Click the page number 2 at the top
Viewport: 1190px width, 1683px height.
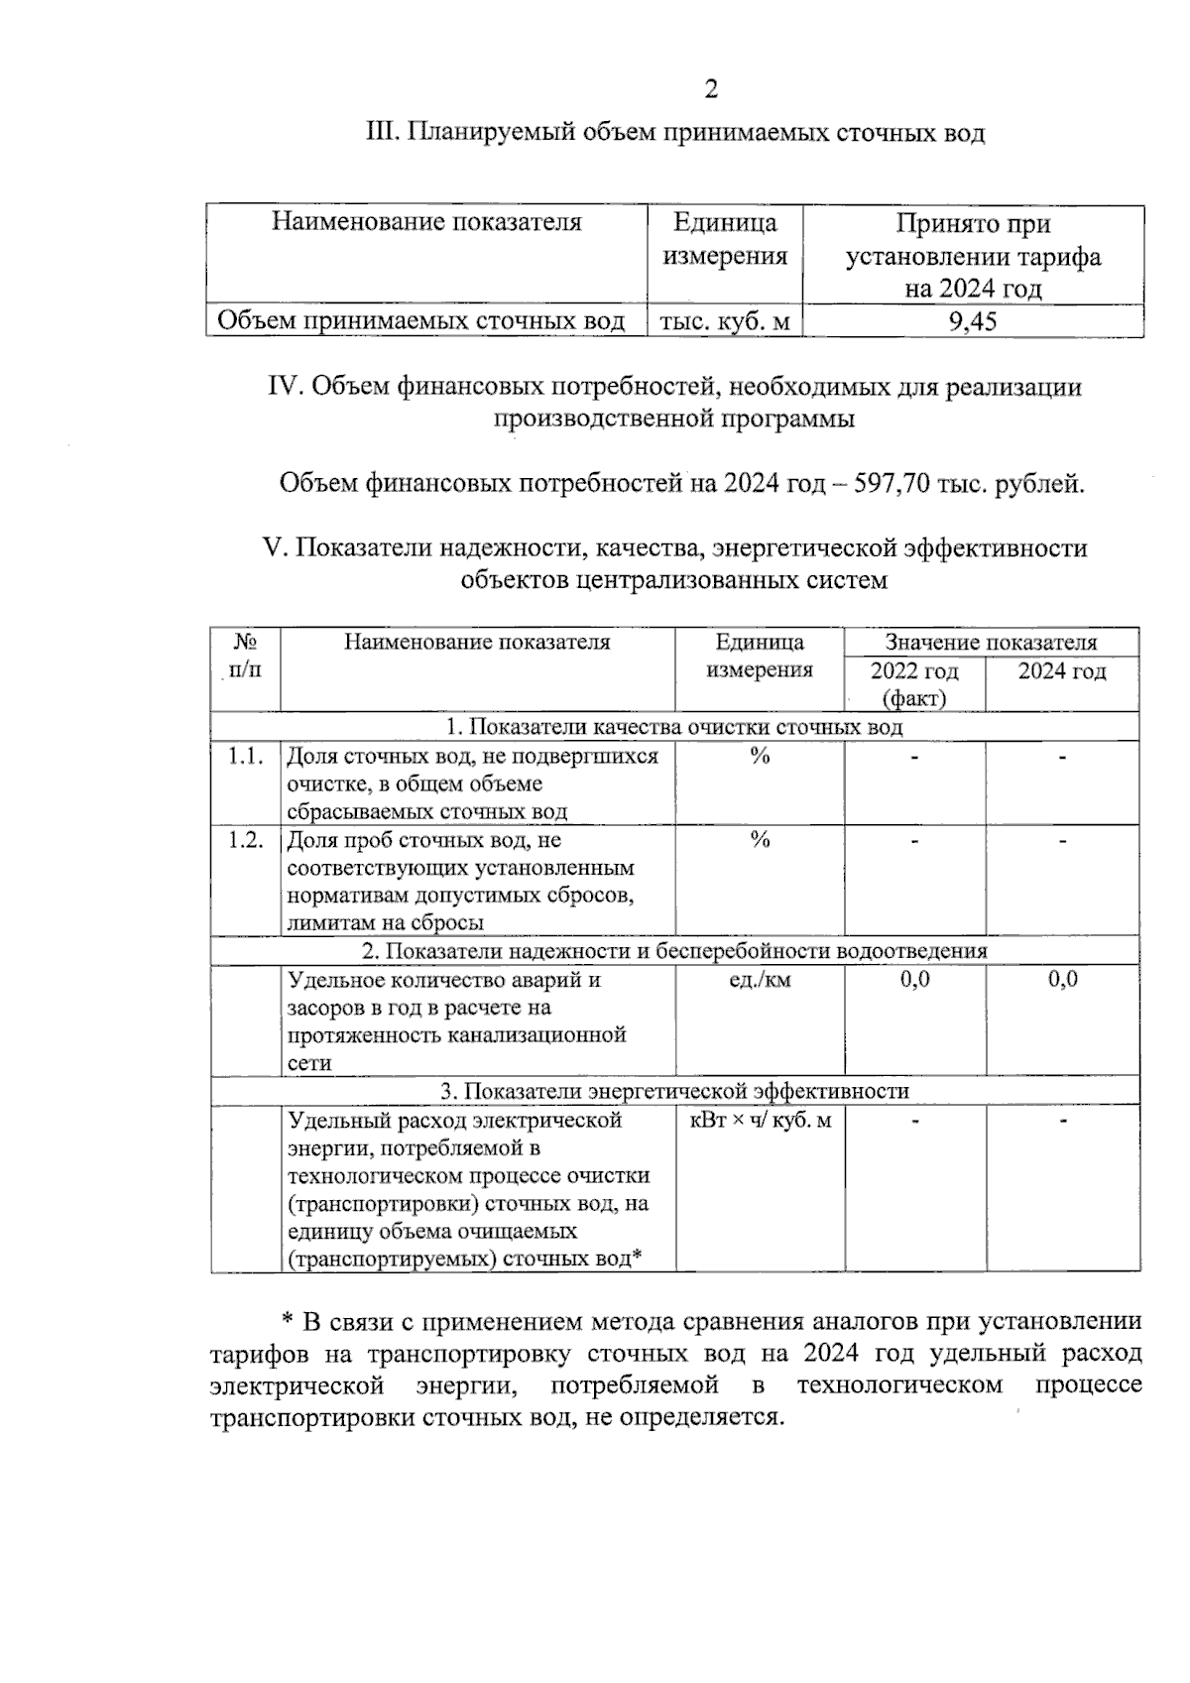(710, 90)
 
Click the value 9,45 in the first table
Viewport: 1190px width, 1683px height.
(973, 321)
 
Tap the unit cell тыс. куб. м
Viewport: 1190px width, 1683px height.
(725, 321)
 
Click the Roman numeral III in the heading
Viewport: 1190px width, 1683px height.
(382, 133)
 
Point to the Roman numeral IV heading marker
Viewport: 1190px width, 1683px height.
(286, 387)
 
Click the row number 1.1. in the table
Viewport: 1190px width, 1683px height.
(245, 757)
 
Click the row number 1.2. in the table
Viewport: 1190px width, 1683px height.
(245, 840)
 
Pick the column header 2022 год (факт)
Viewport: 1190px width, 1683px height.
(914, 683)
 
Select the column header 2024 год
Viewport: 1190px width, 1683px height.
(1062, 671)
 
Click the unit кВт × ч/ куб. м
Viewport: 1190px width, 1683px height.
(760, 1121)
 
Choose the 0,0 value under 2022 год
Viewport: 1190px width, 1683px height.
(914, 980)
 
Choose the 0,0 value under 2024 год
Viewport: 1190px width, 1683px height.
(1062, 980)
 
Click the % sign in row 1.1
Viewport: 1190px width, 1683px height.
(760, 757)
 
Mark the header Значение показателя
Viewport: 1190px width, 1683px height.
(991, 642)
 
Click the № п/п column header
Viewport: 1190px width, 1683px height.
(245, 655)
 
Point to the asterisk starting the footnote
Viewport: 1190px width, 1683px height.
(288, 1322)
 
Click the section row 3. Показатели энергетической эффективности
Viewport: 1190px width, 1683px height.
(674, 1091)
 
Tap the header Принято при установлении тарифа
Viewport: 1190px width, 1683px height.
(973, 255)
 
